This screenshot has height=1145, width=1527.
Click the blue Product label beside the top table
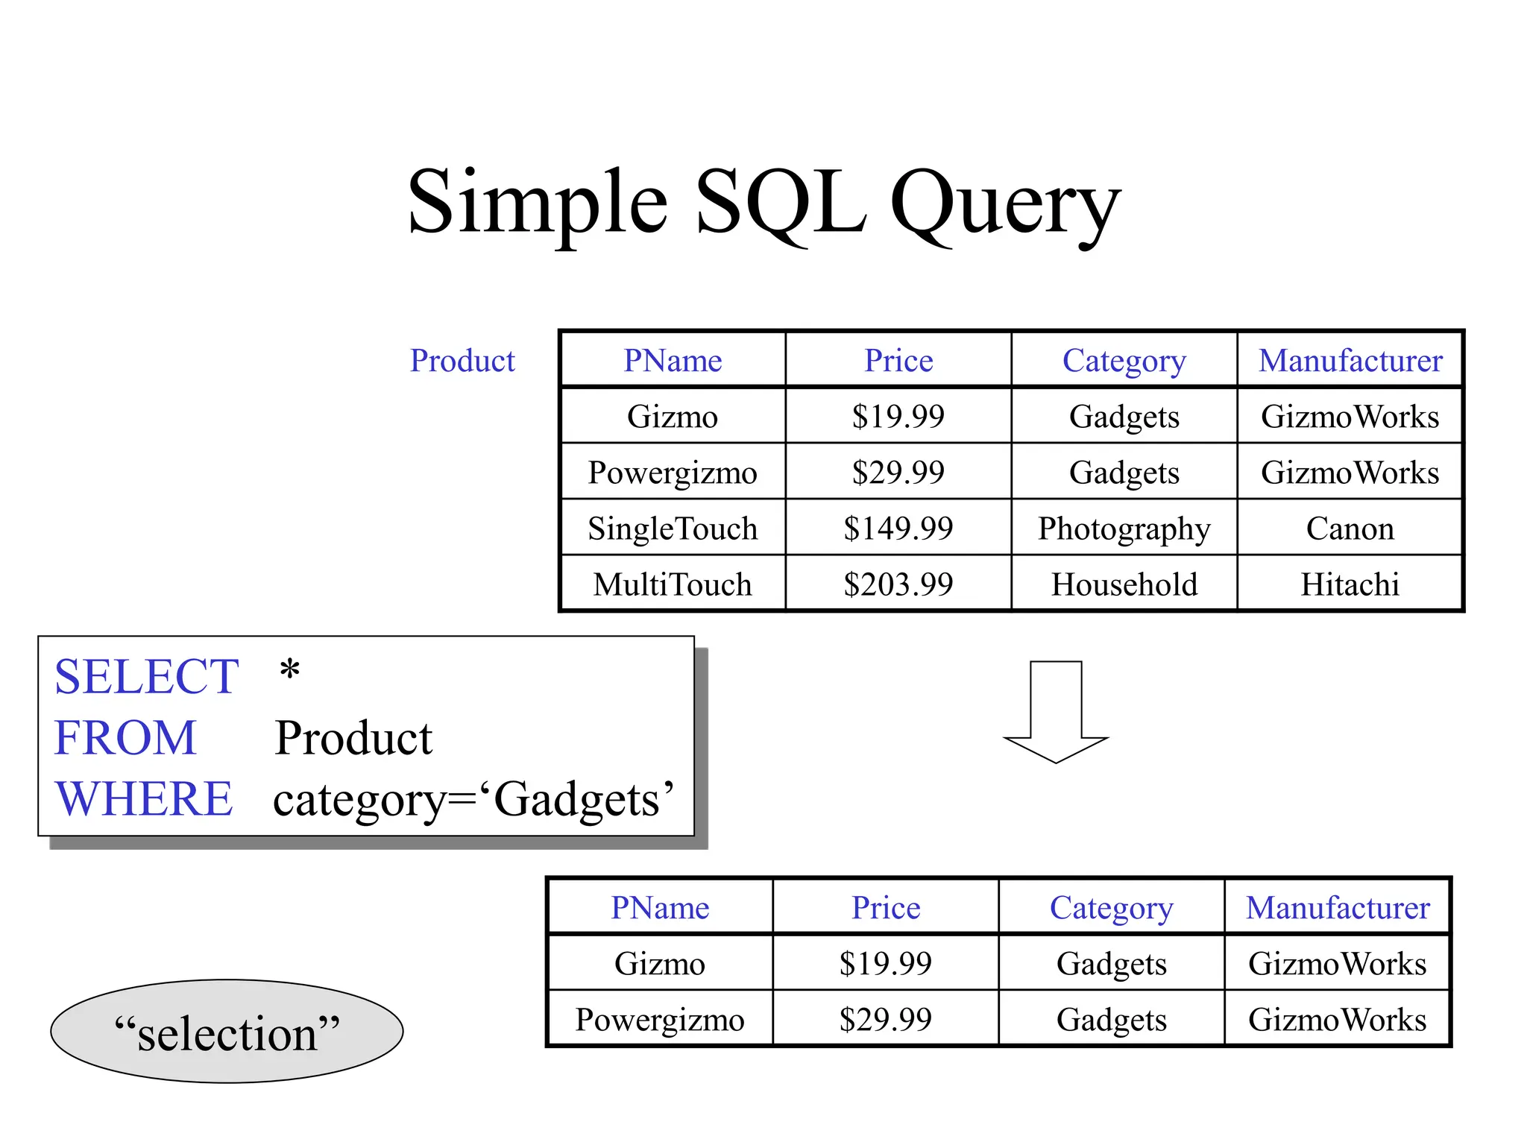(x=462, y=361)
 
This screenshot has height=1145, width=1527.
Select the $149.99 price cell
(x=898, y=529)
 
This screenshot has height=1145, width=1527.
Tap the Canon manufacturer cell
(x=1350, y=529)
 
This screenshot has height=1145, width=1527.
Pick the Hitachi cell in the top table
(x=1350, y=584)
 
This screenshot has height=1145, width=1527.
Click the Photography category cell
(x=1124, y=529)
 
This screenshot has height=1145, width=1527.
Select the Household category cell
(x=1124, y=584)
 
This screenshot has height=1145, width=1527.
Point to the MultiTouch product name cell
(x=673, y=584)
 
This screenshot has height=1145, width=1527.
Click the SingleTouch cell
(x=673, y=529)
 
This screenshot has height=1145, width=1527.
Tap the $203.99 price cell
(x=898, y=584)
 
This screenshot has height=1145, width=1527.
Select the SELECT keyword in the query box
(x=146, y=677)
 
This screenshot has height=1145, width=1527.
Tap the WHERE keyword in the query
(x=144, y=799)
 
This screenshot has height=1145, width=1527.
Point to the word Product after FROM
(x=353, y=738)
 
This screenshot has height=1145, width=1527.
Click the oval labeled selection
(x=227, y=1032)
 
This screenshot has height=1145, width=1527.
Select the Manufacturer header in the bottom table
(x=1338, y=908)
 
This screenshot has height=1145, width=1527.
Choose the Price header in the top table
(x=898, y=361)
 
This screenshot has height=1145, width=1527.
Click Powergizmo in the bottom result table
(x=660, y=1020)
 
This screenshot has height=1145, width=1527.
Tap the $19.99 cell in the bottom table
(x=885, y=964)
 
